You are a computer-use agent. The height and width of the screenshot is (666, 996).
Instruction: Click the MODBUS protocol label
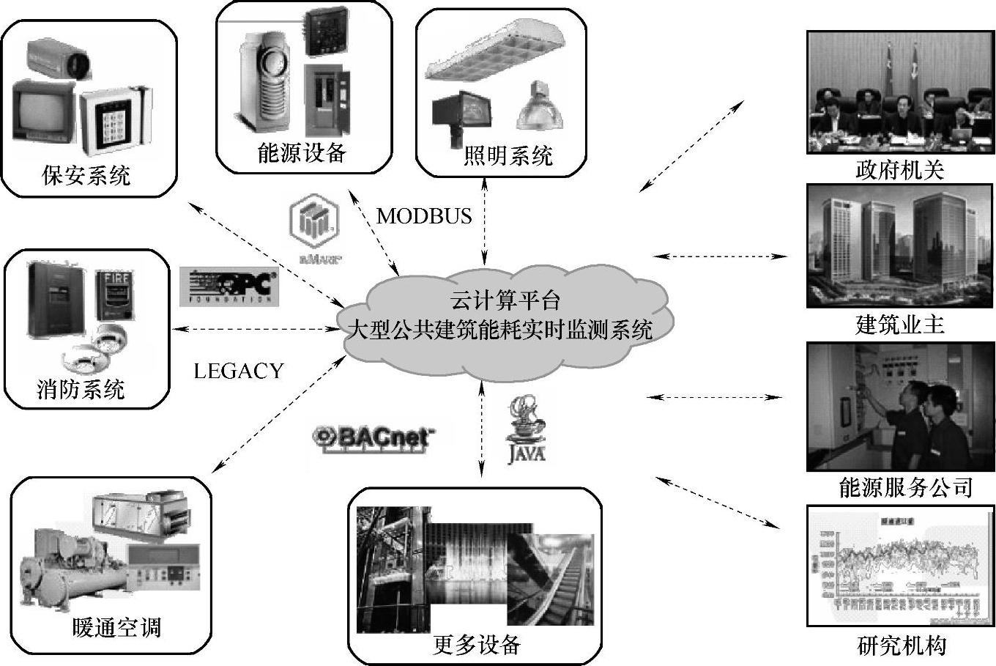(424, 216)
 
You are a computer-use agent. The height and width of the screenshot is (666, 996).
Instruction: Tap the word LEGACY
(239, 371)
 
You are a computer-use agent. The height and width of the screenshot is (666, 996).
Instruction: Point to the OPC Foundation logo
(228, 286)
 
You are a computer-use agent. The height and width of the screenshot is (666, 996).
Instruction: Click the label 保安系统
(86, 176)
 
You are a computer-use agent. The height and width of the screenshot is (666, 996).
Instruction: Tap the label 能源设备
(302, 152)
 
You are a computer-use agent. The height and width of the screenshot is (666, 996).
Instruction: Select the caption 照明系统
(508, 155)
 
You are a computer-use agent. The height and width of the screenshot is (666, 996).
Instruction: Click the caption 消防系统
(81, 389)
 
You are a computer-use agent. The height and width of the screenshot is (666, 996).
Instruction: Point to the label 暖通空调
(116, 627)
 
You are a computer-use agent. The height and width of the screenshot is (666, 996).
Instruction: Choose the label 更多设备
(476, 644)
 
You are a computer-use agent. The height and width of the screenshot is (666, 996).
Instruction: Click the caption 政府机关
(900, 171)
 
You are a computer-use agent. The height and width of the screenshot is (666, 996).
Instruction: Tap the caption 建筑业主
(900, 325)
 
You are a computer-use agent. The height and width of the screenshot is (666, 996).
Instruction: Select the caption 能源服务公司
(905, 487)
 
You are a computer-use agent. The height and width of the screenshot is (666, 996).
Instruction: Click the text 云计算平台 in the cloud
(505, 301)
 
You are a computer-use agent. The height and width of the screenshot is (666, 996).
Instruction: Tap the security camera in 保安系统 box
(59, 59)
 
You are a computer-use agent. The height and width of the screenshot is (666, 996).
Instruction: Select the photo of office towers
(900, 245)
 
